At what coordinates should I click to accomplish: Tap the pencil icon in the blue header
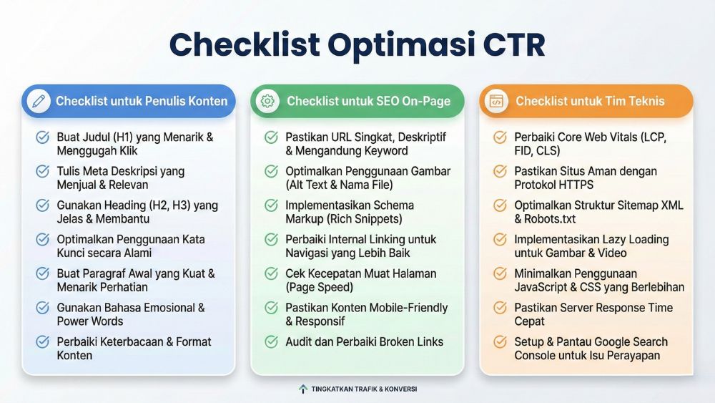39,101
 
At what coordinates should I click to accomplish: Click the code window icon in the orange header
495,101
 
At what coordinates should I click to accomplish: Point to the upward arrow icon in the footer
303,389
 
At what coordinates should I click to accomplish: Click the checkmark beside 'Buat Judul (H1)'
43,137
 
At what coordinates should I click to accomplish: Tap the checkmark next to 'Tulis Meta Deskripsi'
43,172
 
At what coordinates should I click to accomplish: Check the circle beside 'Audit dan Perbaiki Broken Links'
271,342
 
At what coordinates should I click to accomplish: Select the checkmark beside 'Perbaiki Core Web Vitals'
500,137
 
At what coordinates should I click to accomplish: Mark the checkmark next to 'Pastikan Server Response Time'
500,308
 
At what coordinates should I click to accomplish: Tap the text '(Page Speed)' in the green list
320,287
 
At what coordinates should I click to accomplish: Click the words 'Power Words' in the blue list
90,321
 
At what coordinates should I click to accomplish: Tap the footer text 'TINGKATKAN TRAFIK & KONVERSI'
364,389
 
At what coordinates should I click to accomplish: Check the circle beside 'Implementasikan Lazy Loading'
500,240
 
